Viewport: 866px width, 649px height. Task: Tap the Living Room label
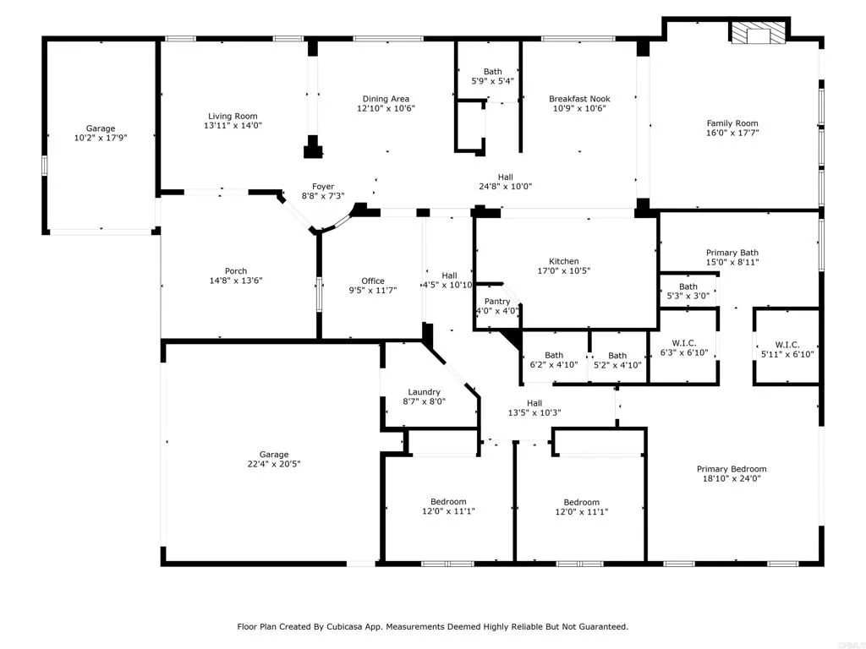(233, 117)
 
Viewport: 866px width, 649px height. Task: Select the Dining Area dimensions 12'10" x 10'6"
(386, 109)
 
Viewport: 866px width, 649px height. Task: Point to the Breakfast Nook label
(579, 99)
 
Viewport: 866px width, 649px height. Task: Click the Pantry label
(496, 302)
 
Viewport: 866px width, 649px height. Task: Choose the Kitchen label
(564, 261)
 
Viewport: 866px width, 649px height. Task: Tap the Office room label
(373, 281)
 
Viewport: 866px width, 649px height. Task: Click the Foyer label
(323, 187)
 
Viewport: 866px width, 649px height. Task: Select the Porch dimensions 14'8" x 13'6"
(236, 281)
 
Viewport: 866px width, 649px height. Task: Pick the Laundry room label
(424, 392)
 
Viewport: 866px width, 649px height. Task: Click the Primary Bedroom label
(732, 469)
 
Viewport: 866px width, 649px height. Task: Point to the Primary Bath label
(732, 253)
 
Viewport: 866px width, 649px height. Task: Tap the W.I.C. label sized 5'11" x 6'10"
(787, 345)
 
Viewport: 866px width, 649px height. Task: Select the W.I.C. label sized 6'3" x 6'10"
(683, 342)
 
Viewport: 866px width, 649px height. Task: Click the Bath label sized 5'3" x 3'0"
(688, 286)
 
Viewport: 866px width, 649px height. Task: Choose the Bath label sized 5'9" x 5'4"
(493, 72)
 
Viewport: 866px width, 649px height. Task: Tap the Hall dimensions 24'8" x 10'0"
(505, 187)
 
